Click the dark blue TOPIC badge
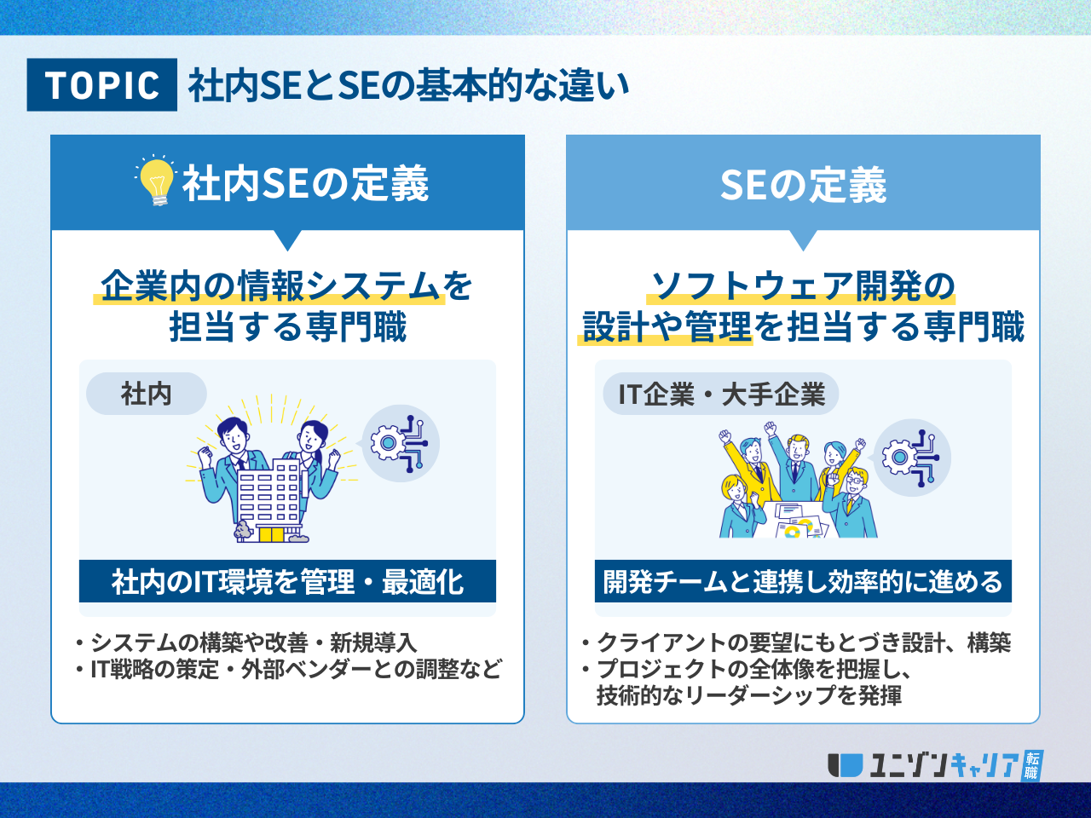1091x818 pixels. coord(102,84)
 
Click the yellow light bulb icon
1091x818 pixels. coord(157,181)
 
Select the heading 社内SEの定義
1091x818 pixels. coord(305,184)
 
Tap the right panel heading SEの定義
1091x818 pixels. coord(803,185)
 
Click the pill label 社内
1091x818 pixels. coord(146,394)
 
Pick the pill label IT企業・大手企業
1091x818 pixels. coord(721,394)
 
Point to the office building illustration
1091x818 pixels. coord(268,501)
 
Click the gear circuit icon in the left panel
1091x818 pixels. coord(400,444)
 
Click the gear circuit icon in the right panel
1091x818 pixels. coord(911,458)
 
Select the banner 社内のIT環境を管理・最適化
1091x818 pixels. coord(287,581)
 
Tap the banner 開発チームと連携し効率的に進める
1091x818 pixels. coord(803,581)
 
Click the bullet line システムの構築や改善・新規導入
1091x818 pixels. coord(246,642)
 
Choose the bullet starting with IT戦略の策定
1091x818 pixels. coord(289,670)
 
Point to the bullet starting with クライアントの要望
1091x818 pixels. coord(796,642)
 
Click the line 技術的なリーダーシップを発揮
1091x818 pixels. coord(749,695)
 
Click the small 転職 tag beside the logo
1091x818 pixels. coord(1032,765)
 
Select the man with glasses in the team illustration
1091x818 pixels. coord(851,502)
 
